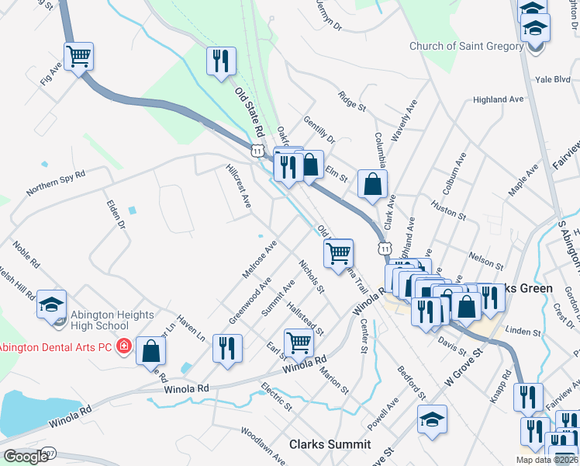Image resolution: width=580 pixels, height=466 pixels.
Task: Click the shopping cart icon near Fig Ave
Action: tap(78, 57)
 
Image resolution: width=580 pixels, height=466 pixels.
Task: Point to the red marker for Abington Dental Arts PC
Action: tap(123, 346)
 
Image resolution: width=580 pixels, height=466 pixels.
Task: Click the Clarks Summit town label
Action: tap(330, 445)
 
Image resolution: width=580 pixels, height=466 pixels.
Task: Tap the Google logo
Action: tap(26, 457)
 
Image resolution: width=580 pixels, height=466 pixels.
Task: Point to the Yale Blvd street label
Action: tap(553, 79)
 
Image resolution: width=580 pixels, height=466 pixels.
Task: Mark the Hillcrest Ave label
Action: tap(238, 185)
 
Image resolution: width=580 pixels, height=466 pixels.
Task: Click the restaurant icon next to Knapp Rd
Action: tap(527, 397)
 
